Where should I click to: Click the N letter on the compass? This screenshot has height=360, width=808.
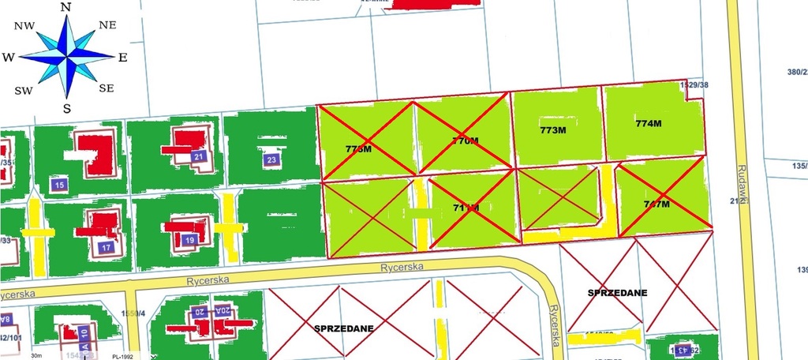pos(66,8)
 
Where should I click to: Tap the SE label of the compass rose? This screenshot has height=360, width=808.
pos(107,88)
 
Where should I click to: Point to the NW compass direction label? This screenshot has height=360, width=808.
pos(24,26)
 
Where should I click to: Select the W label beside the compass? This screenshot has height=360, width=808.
pos(9,58)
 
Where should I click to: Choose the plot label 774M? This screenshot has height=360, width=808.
pos(648,123)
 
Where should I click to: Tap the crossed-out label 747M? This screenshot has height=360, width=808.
pos(656,204)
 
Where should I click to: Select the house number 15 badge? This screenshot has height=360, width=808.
pos(58,185)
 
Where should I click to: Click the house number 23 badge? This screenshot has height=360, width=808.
pos(271,159)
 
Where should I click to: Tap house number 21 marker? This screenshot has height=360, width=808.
pos(199,156)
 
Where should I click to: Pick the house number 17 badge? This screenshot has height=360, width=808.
pos(107,247)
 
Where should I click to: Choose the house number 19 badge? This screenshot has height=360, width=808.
pos(189,240)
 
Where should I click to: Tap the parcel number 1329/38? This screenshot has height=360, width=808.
pos(694,84)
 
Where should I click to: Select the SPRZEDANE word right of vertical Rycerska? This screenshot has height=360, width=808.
pos(617,292)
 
